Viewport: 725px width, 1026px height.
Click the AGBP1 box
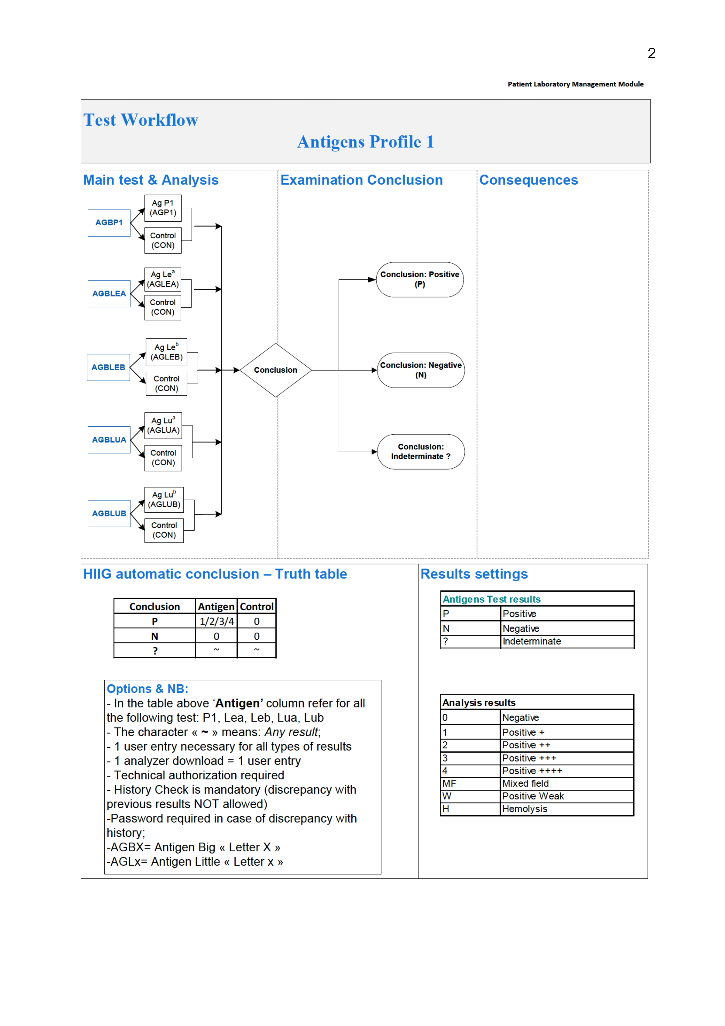(x=109, y=223)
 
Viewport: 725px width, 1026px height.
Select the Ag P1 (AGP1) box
(x=163, y=208)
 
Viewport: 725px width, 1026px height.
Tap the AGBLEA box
(x=109, y=294)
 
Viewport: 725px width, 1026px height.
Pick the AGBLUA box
(x=109, y=440)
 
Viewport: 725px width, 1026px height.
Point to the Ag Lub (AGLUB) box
(x=164, y=500)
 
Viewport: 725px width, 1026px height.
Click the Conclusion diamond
(x=276, y=370)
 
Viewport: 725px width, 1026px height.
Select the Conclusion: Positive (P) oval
(x=420, y=279)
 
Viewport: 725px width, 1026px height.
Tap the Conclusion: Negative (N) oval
(x=420, y=370)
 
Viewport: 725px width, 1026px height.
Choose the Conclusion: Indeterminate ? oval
(x=420, y=451)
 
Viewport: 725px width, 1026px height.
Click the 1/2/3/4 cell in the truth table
(x=216, y=621)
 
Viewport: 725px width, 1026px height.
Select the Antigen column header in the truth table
(x=216, y=606)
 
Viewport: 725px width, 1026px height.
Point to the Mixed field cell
(x=525, y=783)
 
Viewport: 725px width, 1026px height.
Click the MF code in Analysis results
(x=449, y=783)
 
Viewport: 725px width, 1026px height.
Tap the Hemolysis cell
(x=524, y=809)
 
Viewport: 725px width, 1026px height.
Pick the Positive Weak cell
(x=533, y=796)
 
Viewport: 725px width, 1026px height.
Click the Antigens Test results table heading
(x=491, y=599)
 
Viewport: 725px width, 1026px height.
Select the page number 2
(x=651, y=54)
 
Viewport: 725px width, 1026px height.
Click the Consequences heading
(x=529, y=180)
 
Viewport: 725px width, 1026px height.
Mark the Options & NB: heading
(x=147, y=688)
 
